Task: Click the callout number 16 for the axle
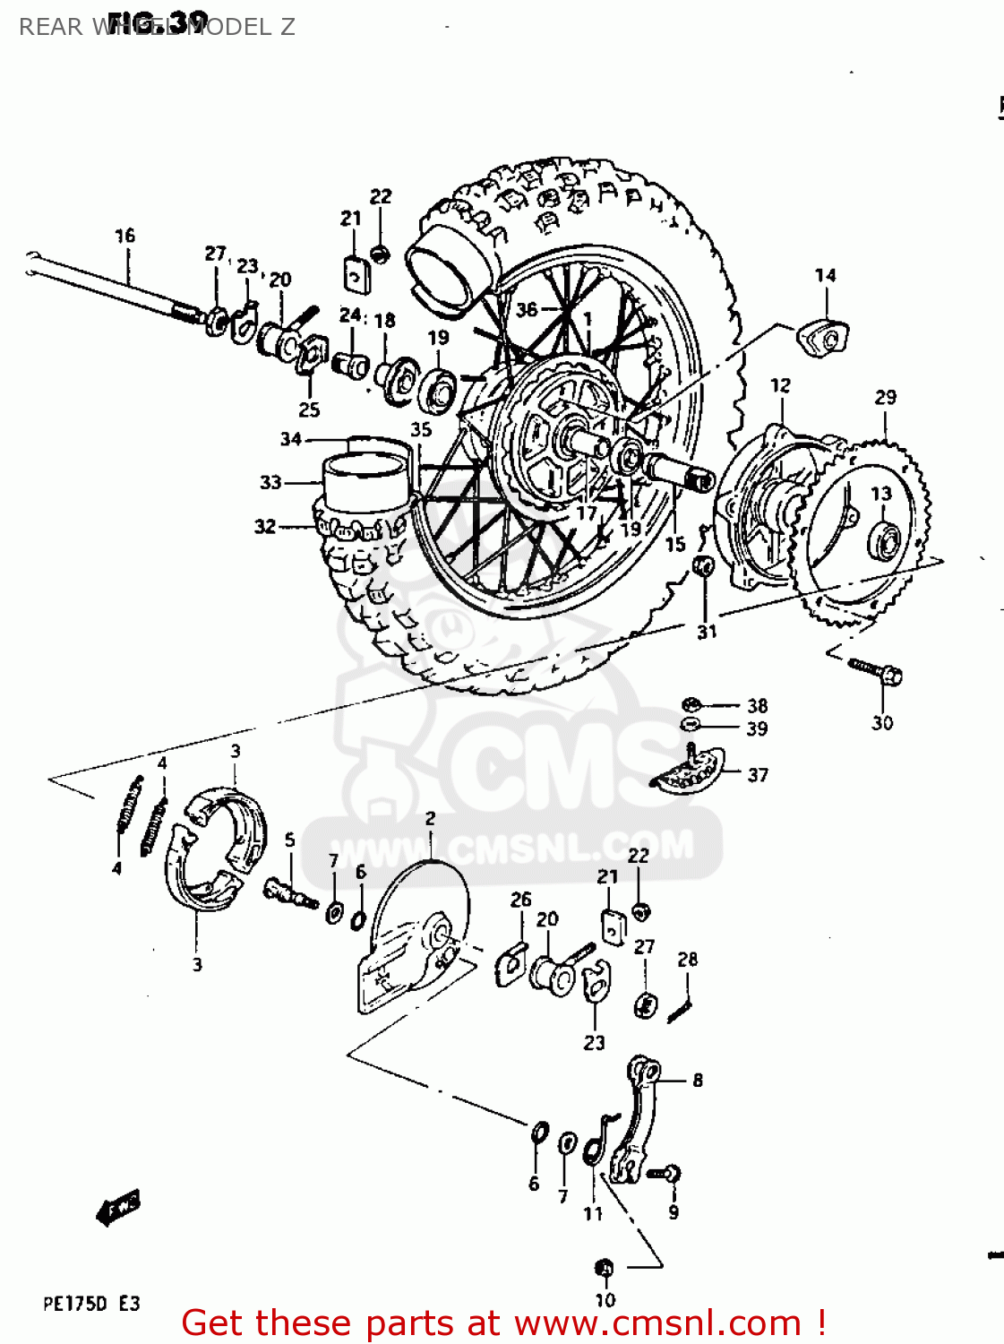(124, 236)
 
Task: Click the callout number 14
(825, 275)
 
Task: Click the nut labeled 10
(604, 1268)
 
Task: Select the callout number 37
(758, 775)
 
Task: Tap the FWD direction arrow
(118, 1209)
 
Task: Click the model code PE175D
(75, 1304)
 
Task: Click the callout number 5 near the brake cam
(290, 840)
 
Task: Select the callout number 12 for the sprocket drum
(780, 385)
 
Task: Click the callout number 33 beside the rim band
(270, 482)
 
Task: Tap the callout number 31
(707, 632)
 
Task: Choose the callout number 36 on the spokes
(527, 309)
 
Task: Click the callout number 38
(758, 706)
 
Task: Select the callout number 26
(520, 900)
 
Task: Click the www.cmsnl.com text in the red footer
(657, 1323)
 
